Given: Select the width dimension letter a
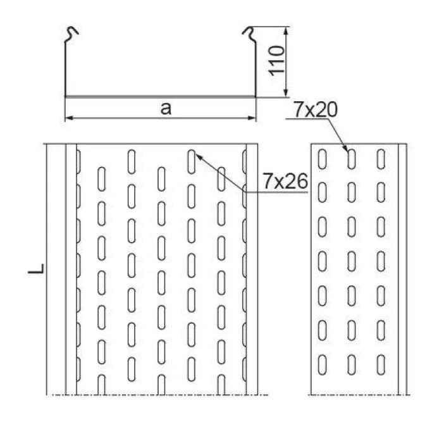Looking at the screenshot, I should [166, 108].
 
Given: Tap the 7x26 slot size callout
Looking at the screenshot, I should [285, 182].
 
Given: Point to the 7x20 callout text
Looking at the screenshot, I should [316, 109].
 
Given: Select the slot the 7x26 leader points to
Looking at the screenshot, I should [191, 160].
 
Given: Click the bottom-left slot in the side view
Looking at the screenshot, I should [323, 363].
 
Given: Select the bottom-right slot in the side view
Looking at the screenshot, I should [381, 363].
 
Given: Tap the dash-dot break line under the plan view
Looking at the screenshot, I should [158, 395].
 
